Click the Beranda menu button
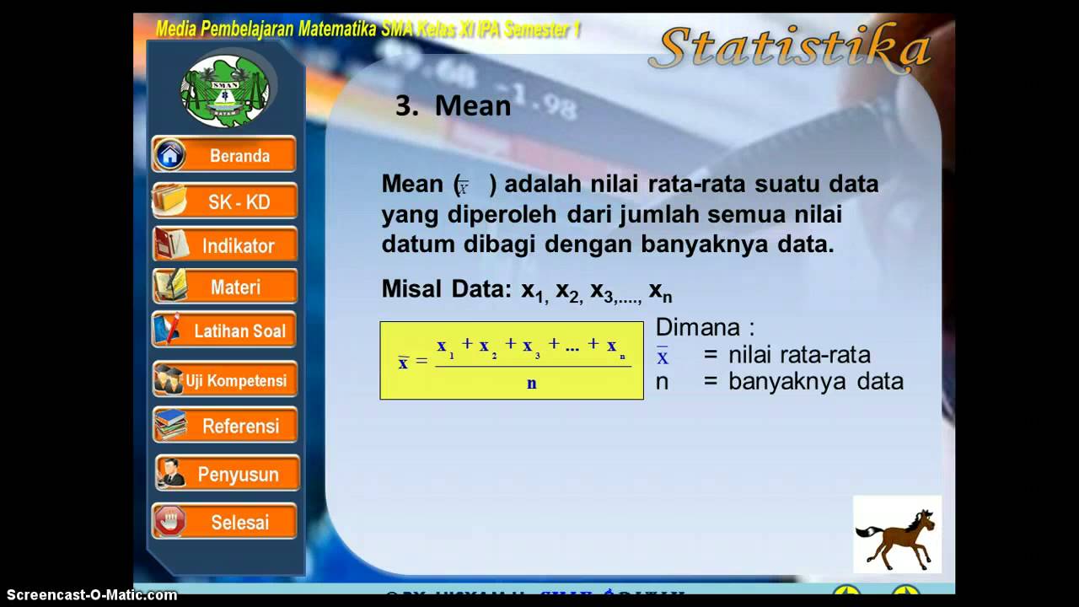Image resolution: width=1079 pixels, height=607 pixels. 225,155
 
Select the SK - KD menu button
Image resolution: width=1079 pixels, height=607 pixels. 225,201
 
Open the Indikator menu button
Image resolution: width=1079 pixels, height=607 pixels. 225,245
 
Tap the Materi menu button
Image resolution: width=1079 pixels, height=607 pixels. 225,287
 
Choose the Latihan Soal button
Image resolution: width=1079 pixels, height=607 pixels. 225,330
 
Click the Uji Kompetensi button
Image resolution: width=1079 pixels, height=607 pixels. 225,380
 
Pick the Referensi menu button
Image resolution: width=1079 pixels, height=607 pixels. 225,426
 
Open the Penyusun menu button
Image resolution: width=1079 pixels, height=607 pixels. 227,474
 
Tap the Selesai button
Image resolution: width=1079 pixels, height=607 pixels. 225,522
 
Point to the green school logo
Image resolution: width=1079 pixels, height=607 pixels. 225,89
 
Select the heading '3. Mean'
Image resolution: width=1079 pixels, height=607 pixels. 454,105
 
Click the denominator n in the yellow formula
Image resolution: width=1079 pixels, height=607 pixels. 532,384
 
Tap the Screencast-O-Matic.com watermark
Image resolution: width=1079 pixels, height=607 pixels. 89,595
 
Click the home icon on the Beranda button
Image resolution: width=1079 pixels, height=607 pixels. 170,155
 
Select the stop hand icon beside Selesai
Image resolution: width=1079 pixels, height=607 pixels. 170,522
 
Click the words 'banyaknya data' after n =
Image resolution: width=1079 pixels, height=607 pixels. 815,381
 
